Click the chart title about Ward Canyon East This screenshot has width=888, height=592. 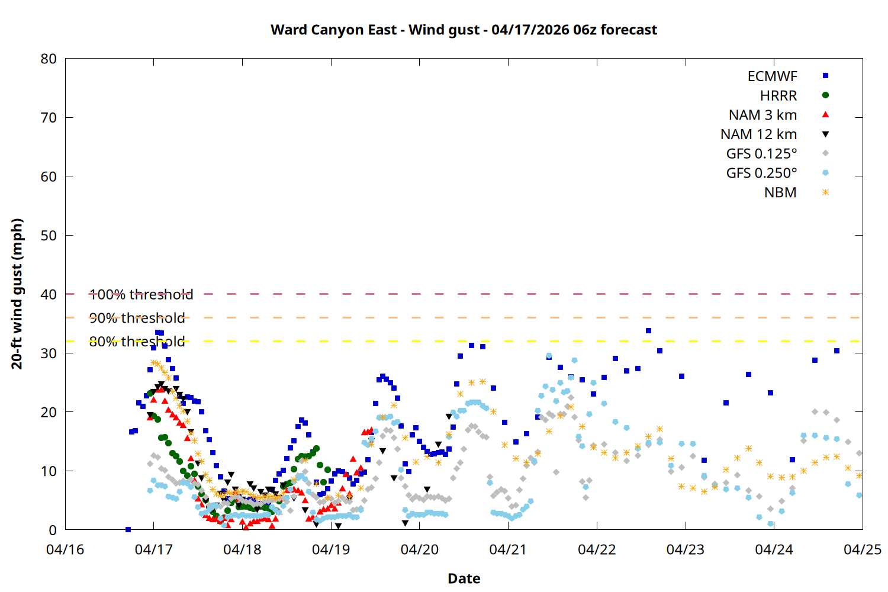click(464, 30)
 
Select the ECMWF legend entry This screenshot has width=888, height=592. click(772, 76)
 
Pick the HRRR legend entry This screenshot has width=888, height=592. click(778, 96)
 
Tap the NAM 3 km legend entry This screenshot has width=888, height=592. click(762, 115)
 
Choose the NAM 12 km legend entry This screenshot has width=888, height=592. click(758, 134)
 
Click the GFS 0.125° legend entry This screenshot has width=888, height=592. click(761, 154)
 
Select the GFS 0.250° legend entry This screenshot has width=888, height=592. click(761, 173)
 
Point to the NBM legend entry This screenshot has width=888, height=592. click(780, 192)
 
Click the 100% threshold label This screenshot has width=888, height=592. click(141, 294)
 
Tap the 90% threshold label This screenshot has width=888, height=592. click(137, 318)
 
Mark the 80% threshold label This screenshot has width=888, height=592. click(137, 342)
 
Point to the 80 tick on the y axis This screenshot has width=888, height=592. click(49, 59)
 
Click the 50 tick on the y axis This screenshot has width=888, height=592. click(49, 236)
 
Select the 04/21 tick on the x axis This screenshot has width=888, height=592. click(508, 549)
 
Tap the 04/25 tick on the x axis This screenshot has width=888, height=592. click(862, 549)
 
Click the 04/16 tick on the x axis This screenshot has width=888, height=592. click(65, 549)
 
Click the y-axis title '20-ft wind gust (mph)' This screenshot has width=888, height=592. click(17, 294)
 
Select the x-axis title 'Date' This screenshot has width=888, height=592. click(464, 578)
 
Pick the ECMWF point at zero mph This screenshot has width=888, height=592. click(128, 529)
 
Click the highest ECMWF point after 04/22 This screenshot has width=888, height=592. click(648, 330)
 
